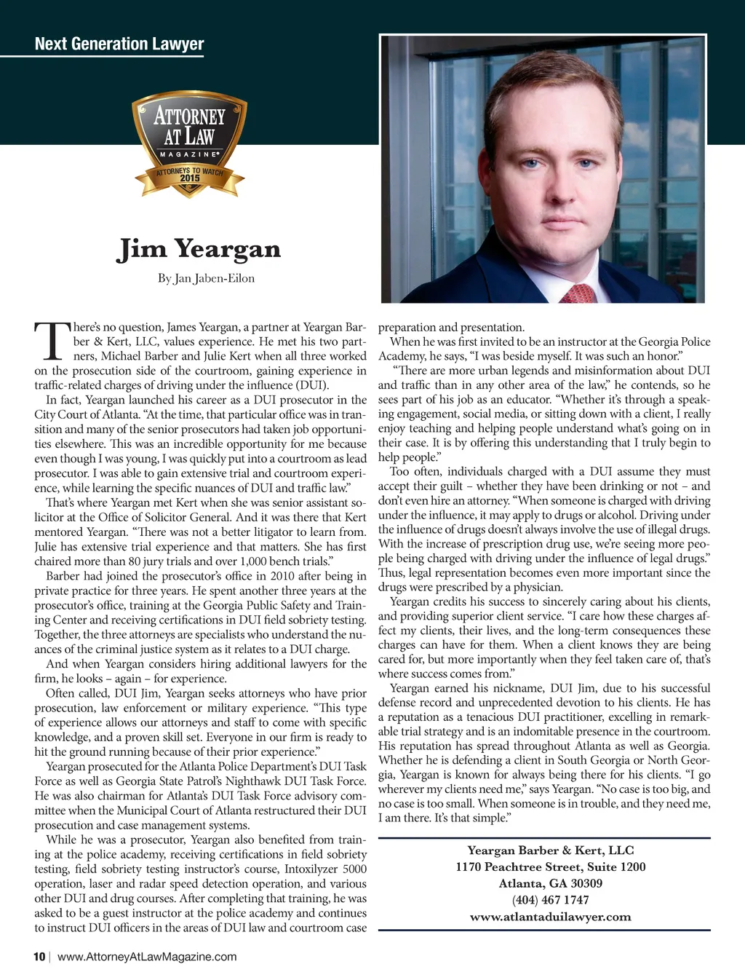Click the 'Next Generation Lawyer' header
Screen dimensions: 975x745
coord(119,44)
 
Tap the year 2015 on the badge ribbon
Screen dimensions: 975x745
coord(190,178)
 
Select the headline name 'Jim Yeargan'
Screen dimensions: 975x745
coord(199,249)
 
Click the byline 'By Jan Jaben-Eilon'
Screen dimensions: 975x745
coord(206,278)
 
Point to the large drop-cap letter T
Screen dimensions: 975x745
coord(51,342)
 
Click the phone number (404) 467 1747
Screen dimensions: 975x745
coord(550,900)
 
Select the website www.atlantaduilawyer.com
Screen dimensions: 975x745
coord(550,917)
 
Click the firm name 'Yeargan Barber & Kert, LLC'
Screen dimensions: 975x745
coord(550,850)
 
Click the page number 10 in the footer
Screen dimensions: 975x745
coord(39,957)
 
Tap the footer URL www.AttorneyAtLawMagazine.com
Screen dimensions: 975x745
coord(147,957)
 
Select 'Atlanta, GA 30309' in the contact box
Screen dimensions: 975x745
coord(550,883)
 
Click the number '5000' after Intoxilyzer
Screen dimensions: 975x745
coord(354,869)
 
